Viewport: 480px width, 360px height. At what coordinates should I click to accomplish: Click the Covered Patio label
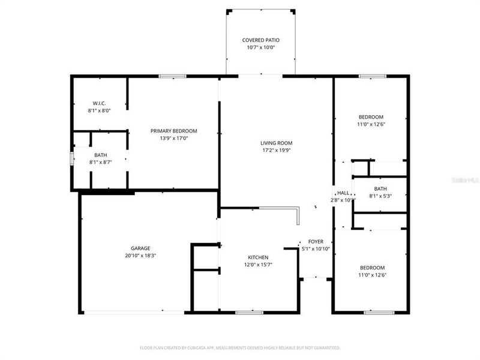click(260, 40)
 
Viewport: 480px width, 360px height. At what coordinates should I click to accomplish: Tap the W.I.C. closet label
click(100, 103)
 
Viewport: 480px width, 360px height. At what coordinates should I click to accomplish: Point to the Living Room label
click(276, 143)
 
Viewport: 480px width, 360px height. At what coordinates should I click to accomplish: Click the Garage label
click(140, 248)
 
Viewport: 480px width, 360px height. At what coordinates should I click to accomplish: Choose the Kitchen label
click(258, 257)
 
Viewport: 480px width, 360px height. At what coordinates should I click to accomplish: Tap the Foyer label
click(316, 241)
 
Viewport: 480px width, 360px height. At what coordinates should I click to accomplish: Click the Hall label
click(343, 193)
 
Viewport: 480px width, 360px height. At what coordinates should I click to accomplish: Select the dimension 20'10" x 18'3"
click(140, 255)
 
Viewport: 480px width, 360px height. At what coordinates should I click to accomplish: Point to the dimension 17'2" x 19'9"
click(276, 150)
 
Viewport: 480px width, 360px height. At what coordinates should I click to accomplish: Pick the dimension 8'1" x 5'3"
click(380, 196)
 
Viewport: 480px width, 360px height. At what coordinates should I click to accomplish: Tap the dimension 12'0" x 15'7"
click(258, 265)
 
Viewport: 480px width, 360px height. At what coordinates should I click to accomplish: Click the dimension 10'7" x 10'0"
click(260, 47)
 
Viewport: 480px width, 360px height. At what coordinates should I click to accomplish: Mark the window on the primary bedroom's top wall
click(172, 76)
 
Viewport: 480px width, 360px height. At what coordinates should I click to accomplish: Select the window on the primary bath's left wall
click(71, 159)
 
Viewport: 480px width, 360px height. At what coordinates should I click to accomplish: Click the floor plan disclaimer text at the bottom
click(240, 347)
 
